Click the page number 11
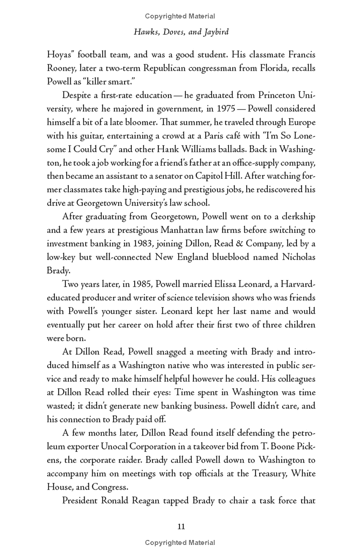(x=181, y=526)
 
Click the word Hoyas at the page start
(x=60, y=55)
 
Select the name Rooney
(x=63, y=68)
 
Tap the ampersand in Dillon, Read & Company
(x=237, y=244)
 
